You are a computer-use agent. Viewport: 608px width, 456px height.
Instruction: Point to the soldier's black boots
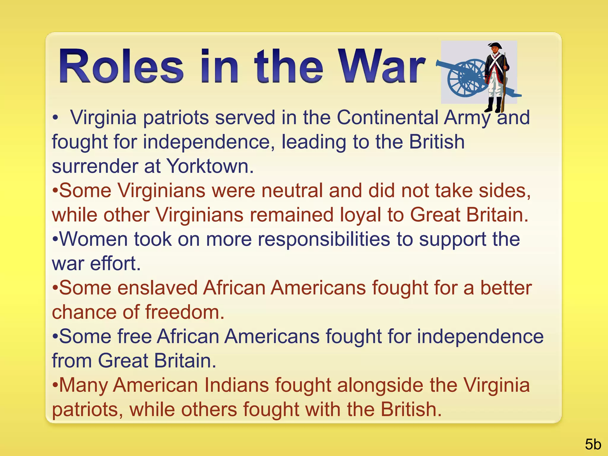(x=495, y=104)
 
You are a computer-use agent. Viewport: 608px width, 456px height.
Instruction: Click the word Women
(x=94, y=239)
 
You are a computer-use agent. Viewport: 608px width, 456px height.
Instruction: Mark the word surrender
(x=95, y=166)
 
